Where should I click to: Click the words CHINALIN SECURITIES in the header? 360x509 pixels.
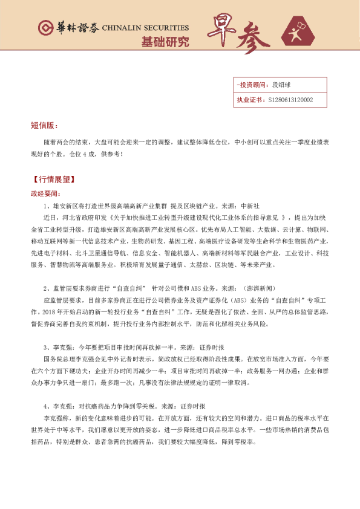pos(145,28)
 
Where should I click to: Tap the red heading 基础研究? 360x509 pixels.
pos(165,42)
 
